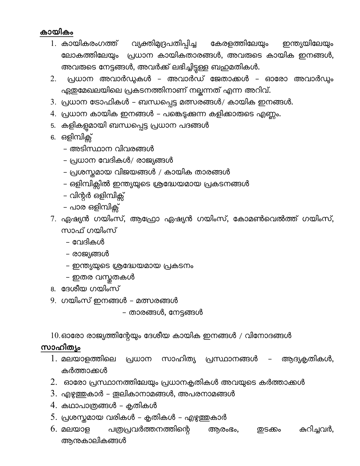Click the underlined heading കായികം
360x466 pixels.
[x=57, y=32]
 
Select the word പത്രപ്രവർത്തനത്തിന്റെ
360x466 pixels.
[x=147, y=430]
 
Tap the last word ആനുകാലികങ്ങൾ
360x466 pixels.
[x=94, y=441]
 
